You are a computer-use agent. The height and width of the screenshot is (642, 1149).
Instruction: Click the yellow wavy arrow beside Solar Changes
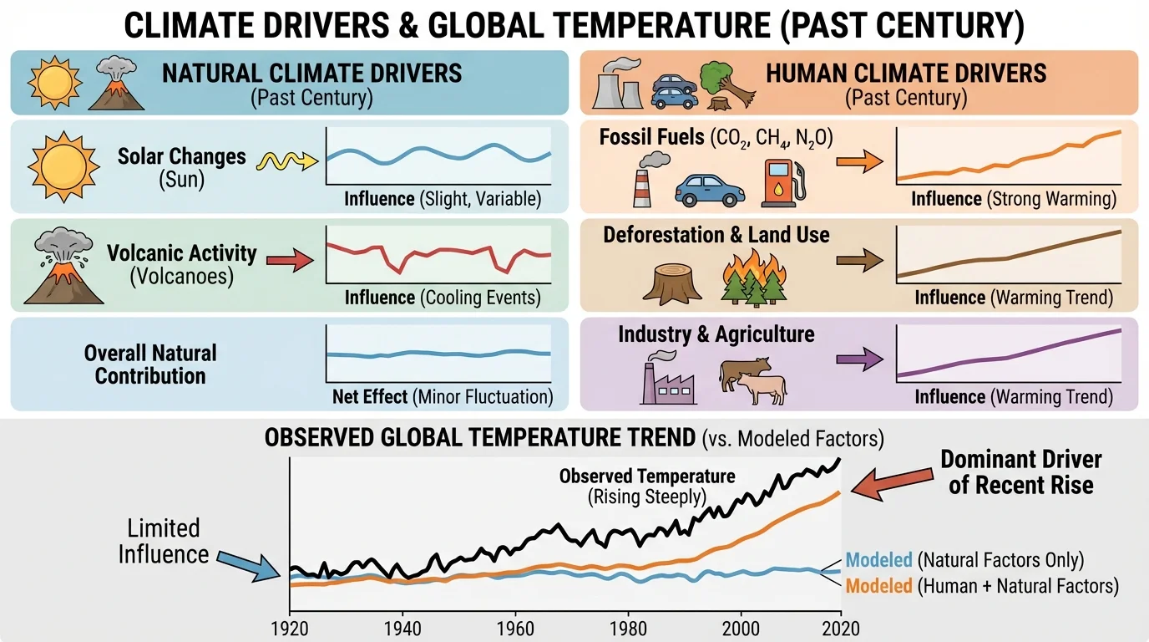click(286, 161)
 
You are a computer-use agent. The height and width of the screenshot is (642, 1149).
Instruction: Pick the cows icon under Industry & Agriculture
click(752, 380)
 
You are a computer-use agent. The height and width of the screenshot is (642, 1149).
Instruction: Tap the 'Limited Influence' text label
click(164, 541)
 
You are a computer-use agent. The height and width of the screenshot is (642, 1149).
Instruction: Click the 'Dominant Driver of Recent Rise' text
click(1020, 471)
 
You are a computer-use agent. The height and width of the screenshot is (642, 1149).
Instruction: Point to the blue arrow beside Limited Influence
click(251, 563)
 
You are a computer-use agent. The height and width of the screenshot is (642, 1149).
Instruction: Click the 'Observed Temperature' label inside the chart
click(646, 485)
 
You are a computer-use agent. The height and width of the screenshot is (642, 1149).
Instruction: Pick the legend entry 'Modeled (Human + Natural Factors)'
click(981, 586)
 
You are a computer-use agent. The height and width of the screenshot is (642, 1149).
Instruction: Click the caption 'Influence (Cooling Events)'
click(442, 298)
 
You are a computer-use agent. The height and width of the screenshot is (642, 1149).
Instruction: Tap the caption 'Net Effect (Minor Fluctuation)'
click(442, 396)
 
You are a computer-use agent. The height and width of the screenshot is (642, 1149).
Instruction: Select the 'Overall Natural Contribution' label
click(150, 364)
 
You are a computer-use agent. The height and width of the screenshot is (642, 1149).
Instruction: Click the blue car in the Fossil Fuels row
click(708, 190)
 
